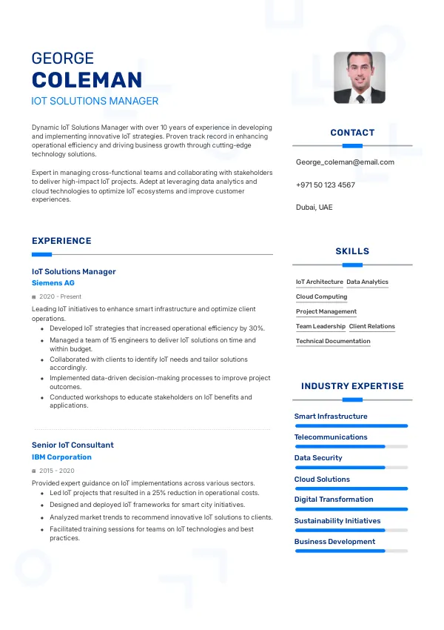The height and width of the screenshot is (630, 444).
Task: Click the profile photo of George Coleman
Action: (359, 77)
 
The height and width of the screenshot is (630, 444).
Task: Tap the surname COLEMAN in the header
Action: (87, 81)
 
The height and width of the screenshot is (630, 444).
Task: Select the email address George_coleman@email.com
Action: (345, 162)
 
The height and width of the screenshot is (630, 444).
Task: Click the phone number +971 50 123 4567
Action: (325, 185)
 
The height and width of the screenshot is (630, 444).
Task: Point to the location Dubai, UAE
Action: (314, 208)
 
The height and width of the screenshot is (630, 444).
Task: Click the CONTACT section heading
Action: (352, 133)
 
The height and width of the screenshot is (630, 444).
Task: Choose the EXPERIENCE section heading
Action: (61, 241)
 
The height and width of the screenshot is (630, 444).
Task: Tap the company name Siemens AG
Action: (53, 283)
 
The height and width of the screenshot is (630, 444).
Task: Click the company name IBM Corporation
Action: (61, 457)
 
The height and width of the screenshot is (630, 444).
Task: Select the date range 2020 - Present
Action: (60, 296)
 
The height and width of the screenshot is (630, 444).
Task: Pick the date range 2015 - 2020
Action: (57, 471)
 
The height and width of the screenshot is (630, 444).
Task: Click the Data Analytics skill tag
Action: (367, 282)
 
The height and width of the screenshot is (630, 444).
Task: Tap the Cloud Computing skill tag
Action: (321, 297)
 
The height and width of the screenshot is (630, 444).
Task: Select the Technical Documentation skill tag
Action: (333, 342)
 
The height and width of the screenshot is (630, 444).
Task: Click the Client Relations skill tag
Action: (371, 327)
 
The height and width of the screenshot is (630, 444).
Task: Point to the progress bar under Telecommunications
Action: (351, 447)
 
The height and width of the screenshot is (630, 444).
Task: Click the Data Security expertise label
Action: (318, 458)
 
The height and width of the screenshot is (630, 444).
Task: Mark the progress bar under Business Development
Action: (351, 551)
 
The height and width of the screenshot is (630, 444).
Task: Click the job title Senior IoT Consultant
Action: (73, 445)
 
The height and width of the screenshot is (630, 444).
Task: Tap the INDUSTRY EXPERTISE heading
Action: (352, 386)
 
